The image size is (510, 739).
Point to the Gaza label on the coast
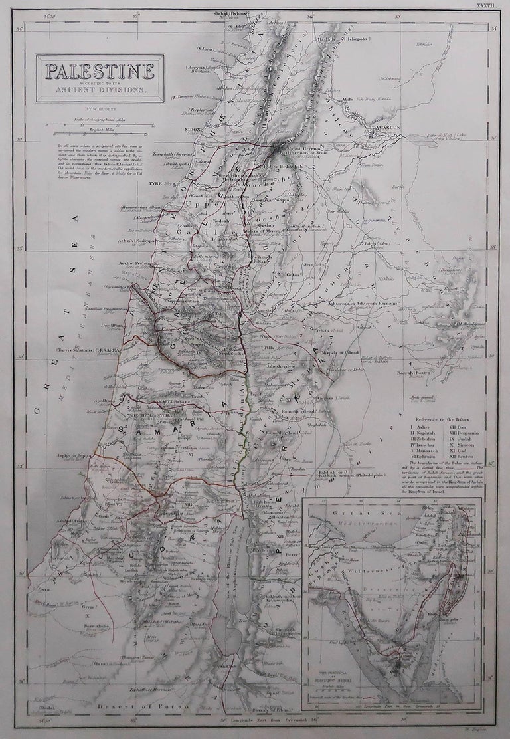click(x=43, y=589)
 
